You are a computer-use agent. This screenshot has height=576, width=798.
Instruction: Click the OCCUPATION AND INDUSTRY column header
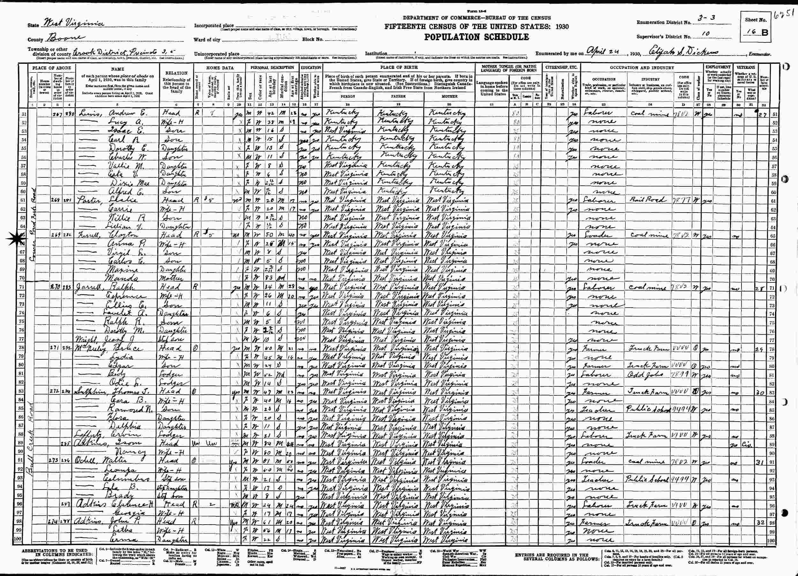click(x=642, y=67)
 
